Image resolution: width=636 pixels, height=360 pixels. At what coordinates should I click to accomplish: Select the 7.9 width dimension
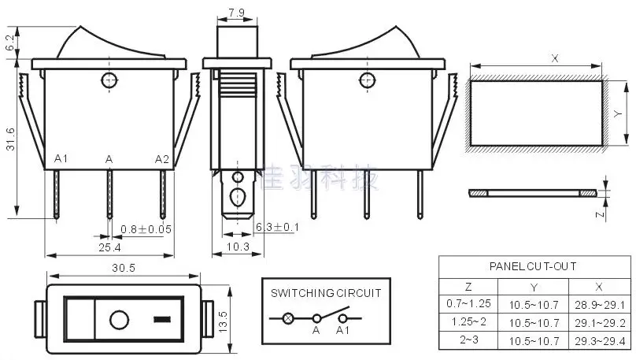[235, 13]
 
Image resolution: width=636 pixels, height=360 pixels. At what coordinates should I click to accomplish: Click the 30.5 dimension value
[123, 268]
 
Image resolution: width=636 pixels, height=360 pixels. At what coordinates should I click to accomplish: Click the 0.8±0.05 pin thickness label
[147, 229]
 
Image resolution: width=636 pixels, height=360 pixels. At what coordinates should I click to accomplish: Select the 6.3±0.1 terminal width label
[277, 228]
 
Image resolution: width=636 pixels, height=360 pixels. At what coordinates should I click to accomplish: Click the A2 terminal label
[161, 159]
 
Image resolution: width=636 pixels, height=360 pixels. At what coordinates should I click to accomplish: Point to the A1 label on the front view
[61, 159]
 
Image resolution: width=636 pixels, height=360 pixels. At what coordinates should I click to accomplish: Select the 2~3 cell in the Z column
[468, 340]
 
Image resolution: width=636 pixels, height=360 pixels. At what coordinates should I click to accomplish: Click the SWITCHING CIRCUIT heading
[326, 292]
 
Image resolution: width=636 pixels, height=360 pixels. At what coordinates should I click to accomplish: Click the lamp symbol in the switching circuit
[288, 319]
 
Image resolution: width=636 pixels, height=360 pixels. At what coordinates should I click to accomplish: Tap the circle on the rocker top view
[119, 321]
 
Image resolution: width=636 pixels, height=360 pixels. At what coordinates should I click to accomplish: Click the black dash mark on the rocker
[162, 321]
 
